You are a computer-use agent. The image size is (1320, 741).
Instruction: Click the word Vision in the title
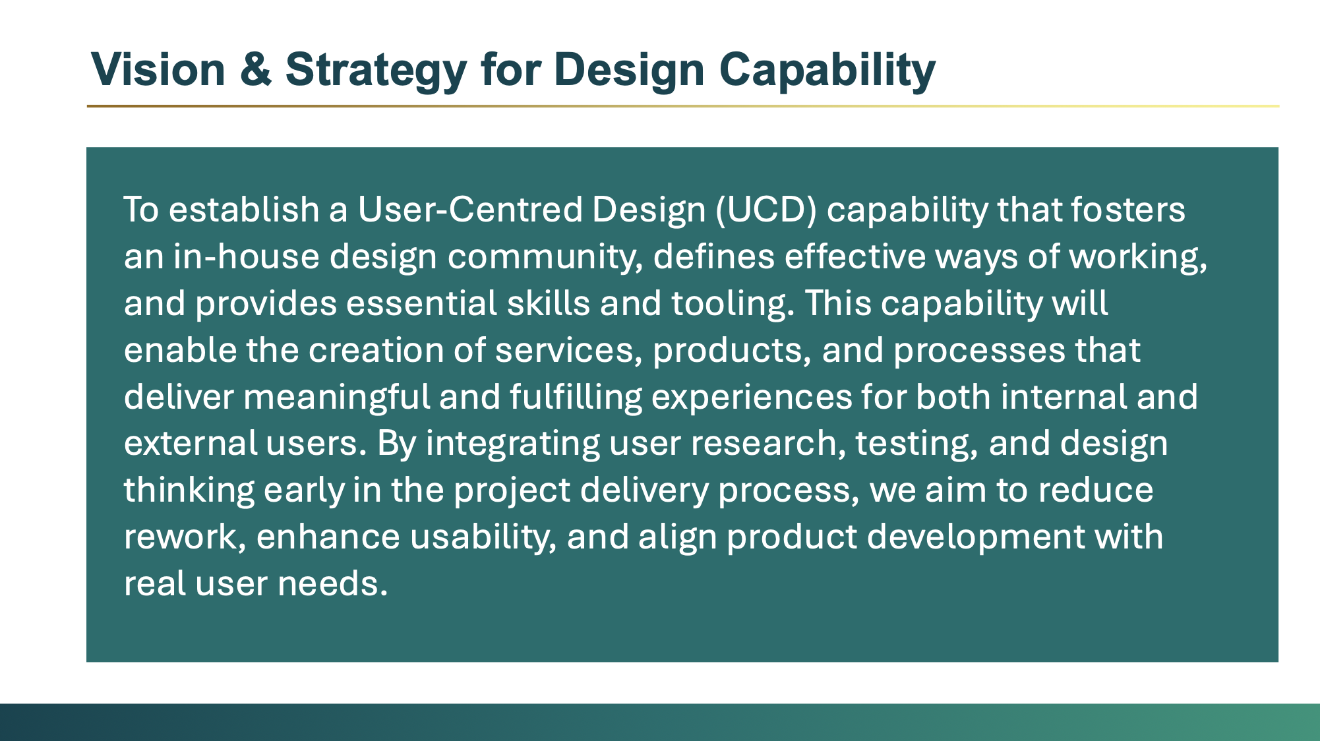click(x=158, y=69)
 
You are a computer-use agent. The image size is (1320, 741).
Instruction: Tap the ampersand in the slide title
click(x=256, y=69)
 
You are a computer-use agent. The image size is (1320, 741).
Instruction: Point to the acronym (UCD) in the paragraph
click(x=766, y=210)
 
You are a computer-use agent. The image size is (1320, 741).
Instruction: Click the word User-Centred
click(x=470, y=210)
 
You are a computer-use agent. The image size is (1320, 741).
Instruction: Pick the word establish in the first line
click(x=244, y=210)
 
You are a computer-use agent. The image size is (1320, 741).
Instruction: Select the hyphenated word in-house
click(x=247, y=256)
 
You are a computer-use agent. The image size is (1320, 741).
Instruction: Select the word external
click(x=191, y=443)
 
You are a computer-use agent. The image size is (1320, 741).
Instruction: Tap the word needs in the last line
click(x=332, y=584)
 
